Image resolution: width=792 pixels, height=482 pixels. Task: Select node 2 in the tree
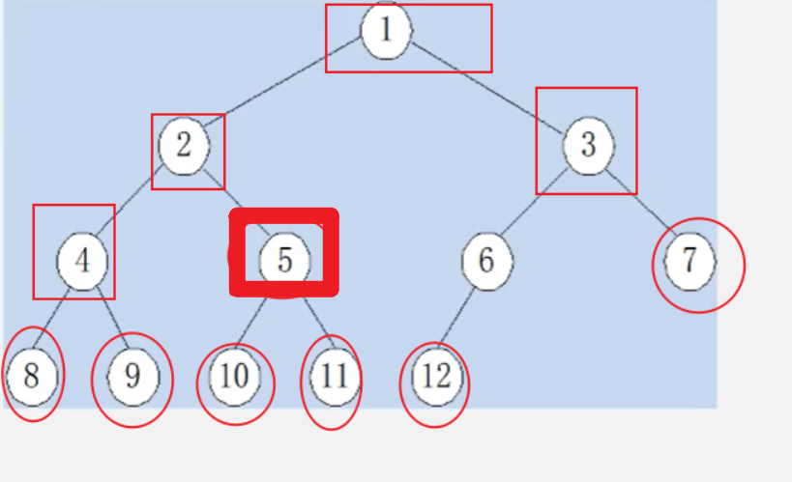185,145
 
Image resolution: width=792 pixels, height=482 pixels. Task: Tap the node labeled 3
588,146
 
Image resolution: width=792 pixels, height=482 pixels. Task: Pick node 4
82,261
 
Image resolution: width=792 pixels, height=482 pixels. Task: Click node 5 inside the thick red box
285,260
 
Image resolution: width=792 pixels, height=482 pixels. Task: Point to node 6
486,260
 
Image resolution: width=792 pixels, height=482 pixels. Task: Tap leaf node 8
31,375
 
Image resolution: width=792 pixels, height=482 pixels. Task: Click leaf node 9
132,376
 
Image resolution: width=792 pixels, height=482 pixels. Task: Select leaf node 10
235,376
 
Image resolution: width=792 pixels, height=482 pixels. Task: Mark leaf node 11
334,376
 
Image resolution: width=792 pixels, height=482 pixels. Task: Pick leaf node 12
436,376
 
